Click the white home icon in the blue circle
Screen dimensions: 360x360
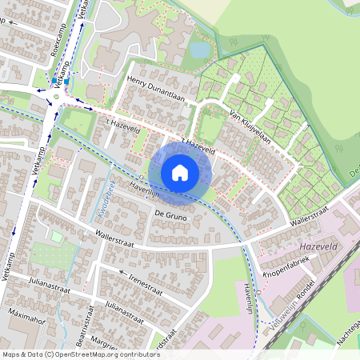pyautogui.click(x=180, y=172)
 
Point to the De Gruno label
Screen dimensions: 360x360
pyautogui.click(x=170, y=215)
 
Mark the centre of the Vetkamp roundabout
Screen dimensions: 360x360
pyautogui.click(x=56, y=97)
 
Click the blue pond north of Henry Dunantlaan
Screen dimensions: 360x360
pyautogui.click(x=198, y=50)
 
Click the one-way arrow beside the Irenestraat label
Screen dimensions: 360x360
pyautogui.click(x=123, y=272)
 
